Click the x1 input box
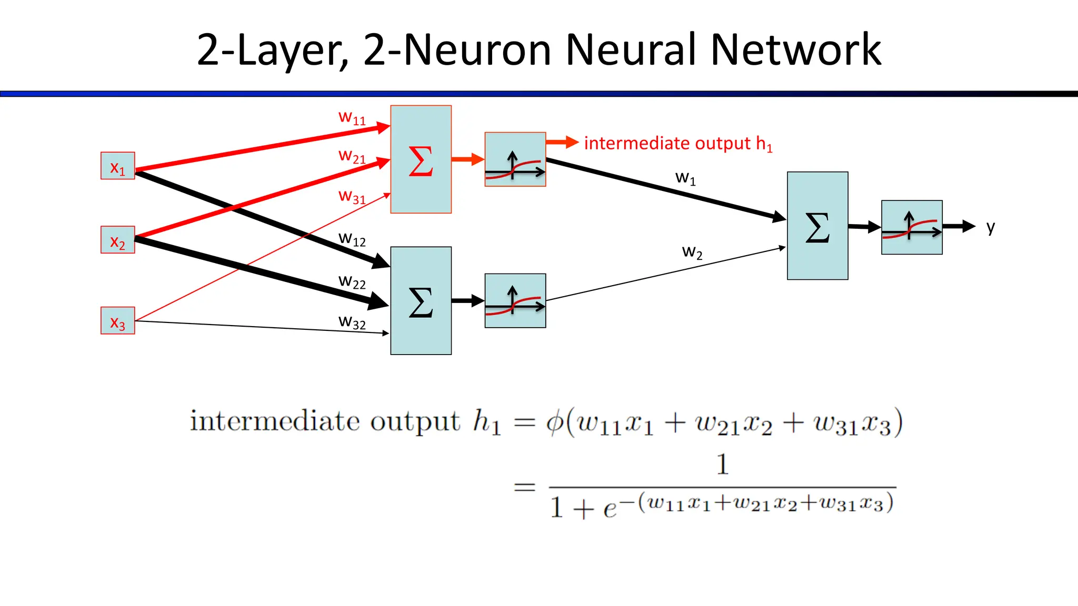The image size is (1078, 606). click(117, 166)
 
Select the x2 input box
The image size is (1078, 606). click(117, 240)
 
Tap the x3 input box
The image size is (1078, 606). click(117, 320)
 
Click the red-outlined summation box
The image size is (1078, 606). click(421, 159)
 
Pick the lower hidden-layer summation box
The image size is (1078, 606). click(421, 301)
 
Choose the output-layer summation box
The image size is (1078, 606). click(817, 226)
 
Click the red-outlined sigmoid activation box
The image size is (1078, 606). click(515, 159)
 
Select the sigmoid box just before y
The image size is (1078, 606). click(912, 227)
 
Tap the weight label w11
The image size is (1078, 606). click(352, 117)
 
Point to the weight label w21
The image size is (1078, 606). click(352, 156)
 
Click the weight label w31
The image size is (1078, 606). click(352, 197)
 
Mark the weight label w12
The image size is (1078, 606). click(352, 239)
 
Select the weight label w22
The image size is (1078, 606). click(352, 282)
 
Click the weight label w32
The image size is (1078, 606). click(352, 322)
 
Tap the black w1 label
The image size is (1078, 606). click(685, 178)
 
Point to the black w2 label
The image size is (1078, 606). click(692, 252)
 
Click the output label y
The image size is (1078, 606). click(991, 227)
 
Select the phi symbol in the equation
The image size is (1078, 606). click(555, 422)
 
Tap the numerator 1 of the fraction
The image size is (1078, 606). click(722, 464)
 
